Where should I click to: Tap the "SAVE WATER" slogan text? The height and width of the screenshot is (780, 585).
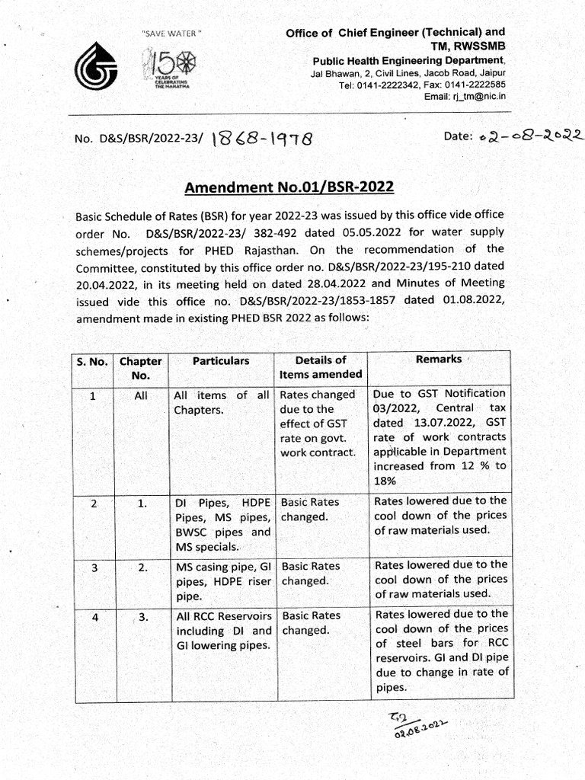coord(171,34)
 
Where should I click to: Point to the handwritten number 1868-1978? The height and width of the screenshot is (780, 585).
coord(260,138)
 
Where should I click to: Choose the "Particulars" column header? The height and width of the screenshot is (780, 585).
coord(220,361)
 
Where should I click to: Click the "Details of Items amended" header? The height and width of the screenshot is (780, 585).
coord(320,367)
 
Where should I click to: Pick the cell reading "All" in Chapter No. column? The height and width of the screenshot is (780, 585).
coord(141,395)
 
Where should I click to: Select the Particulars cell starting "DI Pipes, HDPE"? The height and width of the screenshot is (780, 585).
coord(222,524)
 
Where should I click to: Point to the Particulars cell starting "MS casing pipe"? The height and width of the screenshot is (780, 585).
coord(222,580)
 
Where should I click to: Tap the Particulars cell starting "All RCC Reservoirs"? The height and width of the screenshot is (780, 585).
coord(222,631)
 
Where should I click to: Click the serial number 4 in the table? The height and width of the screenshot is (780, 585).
coord(94,617)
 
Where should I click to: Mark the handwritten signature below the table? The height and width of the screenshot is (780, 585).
coord(416,725)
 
